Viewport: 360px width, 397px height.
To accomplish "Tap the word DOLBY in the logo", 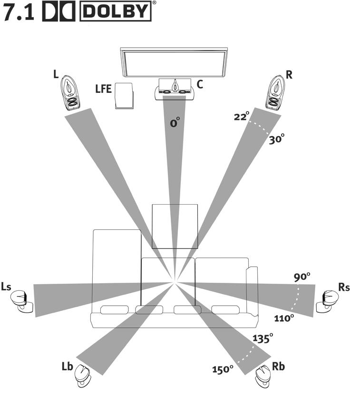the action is pos(116,11).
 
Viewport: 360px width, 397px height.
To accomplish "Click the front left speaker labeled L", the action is pos(70,93).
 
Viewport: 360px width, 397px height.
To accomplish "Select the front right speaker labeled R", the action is pos(275,92).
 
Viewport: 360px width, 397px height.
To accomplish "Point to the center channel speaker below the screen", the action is pos(175,89).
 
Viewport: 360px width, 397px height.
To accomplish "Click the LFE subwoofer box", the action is pos(124,96).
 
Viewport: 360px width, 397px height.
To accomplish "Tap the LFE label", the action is pos(104,89).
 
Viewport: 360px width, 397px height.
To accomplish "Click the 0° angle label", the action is pos(175,122).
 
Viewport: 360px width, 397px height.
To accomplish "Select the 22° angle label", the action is pos(242,116).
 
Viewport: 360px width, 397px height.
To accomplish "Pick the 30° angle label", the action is pos(276,139).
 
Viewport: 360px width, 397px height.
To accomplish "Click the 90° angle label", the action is pos(302,277).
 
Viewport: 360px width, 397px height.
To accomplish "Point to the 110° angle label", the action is pos(284,318).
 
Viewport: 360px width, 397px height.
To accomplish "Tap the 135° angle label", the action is pos(263,338).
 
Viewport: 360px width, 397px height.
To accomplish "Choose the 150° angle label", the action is pos(223,369).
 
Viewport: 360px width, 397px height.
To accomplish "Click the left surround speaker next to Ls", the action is pos(22,301).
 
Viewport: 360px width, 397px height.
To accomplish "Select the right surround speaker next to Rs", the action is pos(328,301).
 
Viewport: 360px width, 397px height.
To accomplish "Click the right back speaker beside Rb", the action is pos(263,376).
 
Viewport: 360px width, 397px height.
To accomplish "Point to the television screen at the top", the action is pos(174,62).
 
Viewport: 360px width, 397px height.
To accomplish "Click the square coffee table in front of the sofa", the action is pos(175,227).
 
